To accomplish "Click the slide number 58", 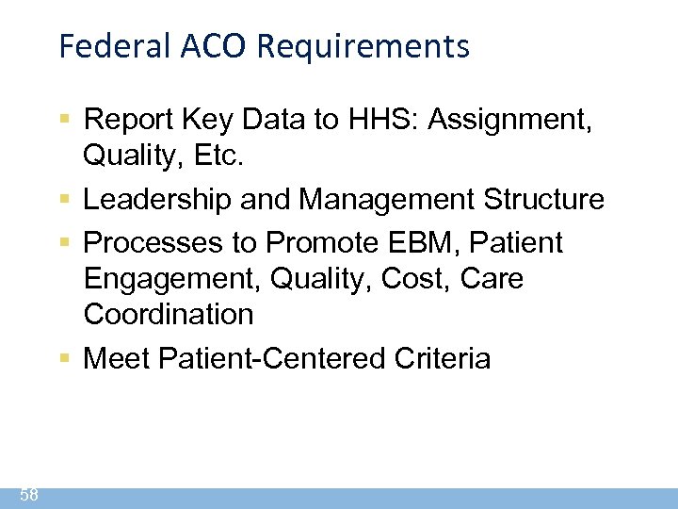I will [x=27, y=496].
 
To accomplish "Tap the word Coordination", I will [x=169, y=314].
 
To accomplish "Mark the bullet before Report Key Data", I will [x=64, y=120].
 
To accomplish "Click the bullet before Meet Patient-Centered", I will [x=64, y=358].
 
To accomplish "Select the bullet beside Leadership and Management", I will [x=64, y=200].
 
